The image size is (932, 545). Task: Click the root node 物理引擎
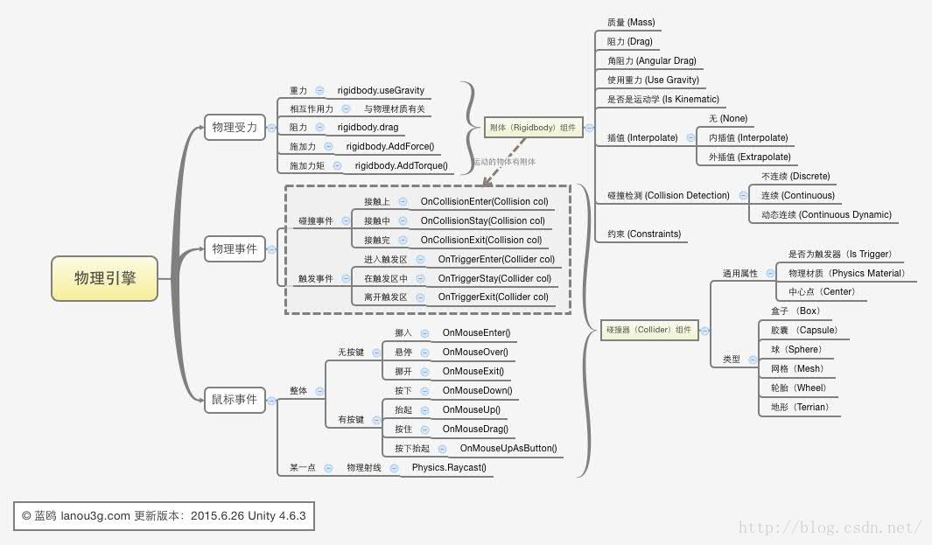tap(104, 278)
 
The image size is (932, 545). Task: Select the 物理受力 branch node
tap(235, 128)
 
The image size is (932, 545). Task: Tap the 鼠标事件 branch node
tap(235, 400)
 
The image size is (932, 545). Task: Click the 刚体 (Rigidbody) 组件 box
tap(533, 128)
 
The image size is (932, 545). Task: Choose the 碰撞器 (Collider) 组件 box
tap(648, 330)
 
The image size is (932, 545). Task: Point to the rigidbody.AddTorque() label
tap(401, 165)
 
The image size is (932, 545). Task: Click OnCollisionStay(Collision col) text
tap(482, 220)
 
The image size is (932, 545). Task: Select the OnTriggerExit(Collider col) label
tap(494, 297)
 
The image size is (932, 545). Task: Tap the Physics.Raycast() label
tap(449, 468)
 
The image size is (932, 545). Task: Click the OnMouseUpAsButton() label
tap(508, 449)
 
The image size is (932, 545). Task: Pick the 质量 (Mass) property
tap(630, 22)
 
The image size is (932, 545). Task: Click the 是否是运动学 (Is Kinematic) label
tap(662, 99)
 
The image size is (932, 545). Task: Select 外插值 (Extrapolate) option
tap(749, 157)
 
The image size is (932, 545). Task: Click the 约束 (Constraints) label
tap(643, 234)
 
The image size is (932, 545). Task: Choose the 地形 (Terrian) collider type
tap(799, 407)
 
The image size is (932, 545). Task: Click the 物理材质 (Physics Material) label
tap(846, 273)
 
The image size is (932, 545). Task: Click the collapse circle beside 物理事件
tap(271, 249)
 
